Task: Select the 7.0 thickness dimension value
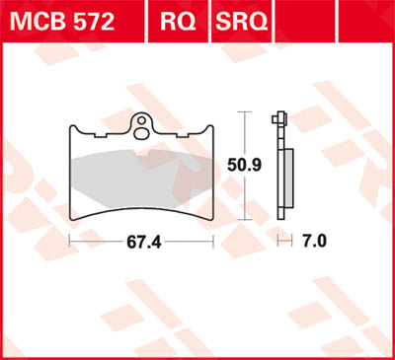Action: pos(314,240)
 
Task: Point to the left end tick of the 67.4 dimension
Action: pos(68,240)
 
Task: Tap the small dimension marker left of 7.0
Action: pos(285,240)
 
